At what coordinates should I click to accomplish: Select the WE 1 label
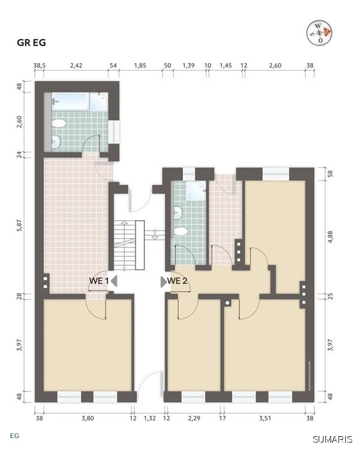(99, 281)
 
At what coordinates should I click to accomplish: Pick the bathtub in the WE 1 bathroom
(79, 102)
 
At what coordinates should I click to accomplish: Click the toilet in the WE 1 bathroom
(59, 124)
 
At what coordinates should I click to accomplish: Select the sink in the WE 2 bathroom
(178, 212)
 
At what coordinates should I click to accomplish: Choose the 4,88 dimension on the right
(330, 235)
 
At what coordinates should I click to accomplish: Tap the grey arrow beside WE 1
(114, 281)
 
